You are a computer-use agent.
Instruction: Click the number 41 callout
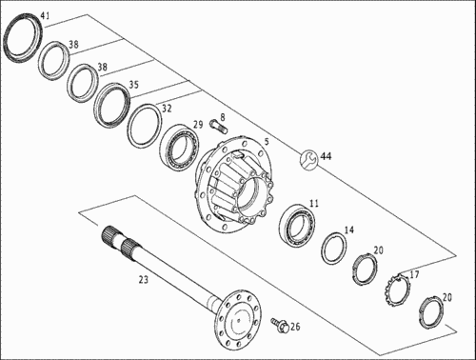45,16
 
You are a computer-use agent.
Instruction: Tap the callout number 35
133,85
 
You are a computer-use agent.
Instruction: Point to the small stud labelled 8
218,127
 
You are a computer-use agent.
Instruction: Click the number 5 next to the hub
267,142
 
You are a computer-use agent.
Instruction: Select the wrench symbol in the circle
307,160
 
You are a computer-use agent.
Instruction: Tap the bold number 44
326,156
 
